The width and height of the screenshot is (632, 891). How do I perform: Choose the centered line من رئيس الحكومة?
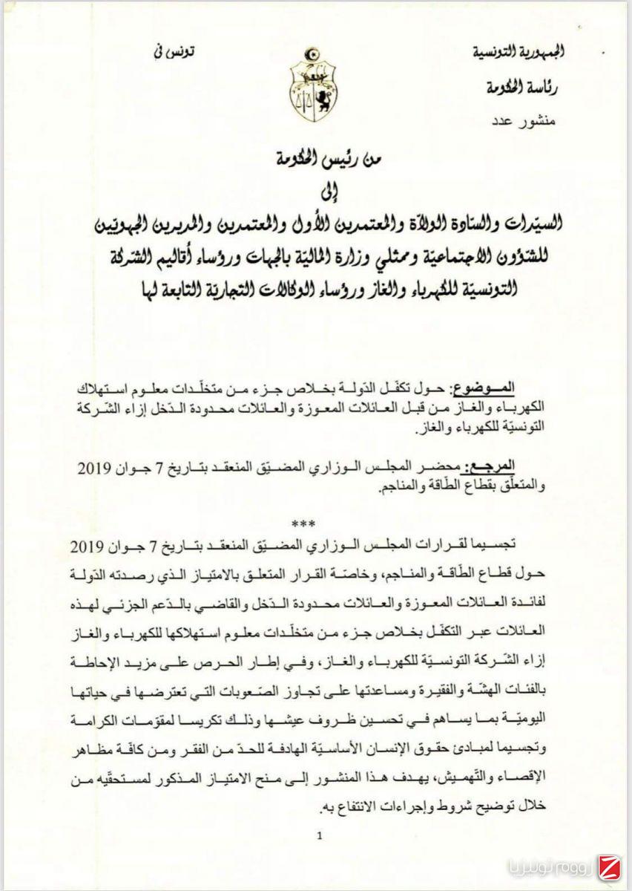tap(317, 159)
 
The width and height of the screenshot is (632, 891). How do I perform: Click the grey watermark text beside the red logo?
tap(547, 867)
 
